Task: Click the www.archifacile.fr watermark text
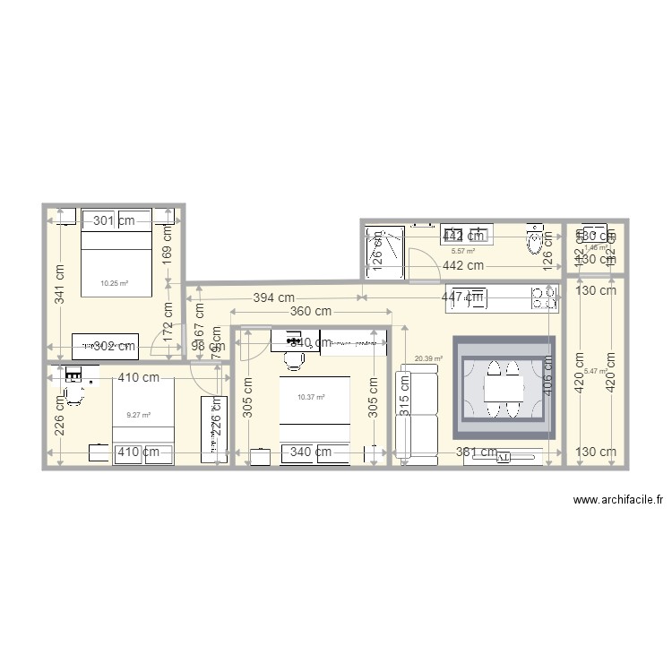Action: pos(616,502)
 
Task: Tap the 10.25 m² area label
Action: pos(114,283)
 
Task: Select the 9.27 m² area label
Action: pos(138,415)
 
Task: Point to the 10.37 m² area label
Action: pos(310,397)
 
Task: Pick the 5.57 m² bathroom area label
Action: pos(461,252)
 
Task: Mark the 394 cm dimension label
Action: pos(273,297)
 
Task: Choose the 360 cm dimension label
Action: pos(310,312)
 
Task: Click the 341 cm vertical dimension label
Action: pos(59,284)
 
